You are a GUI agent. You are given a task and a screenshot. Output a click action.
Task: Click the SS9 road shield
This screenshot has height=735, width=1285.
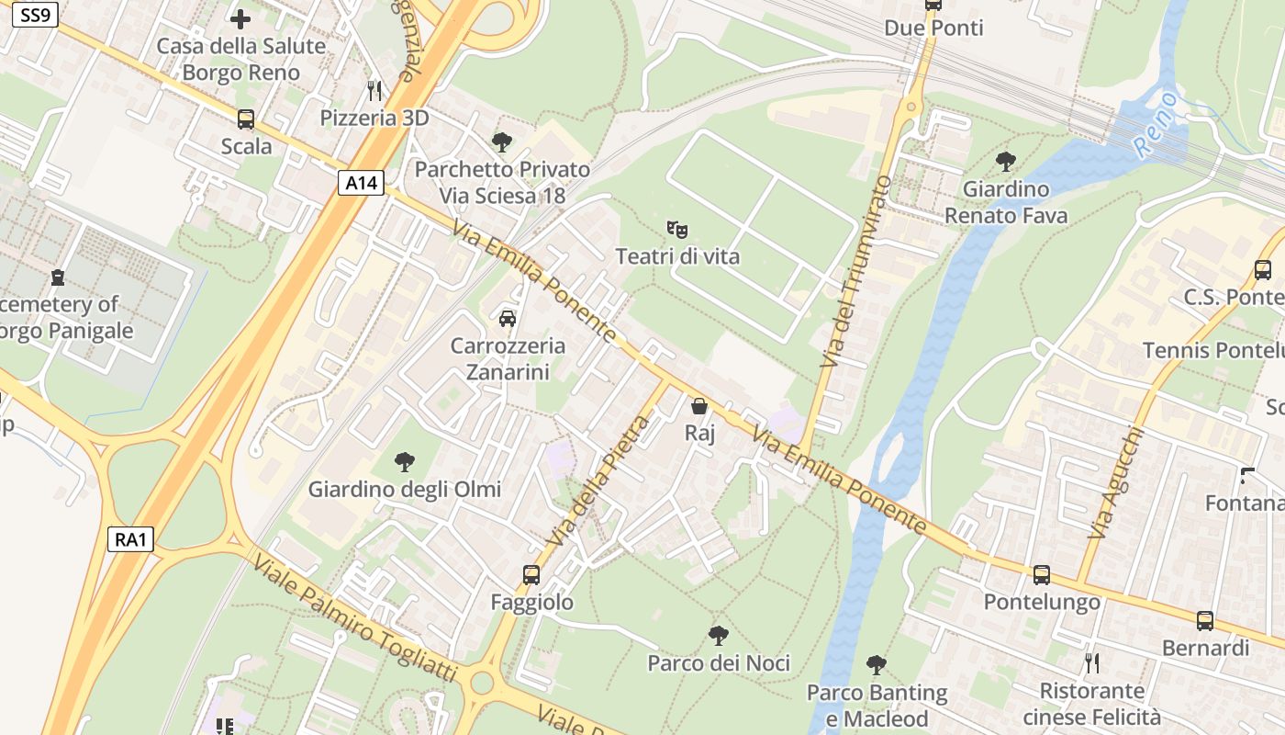point(35,16)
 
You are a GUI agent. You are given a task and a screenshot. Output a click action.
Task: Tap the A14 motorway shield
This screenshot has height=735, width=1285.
point(361,183)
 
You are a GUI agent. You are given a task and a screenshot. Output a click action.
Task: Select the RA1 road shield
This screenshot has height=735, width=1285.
point(130,539)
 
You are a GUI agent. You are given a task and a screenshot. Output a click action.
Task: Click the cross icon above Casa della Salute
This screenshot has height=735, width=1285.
point(240,18)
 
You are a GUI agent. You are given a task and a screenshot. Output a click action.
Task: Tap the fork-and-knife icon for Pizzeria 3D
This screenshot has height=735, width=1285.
point(374,90)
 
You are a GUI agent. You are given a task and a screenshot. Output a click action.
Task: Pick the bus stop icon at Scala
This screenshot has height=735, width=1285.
point(246,119)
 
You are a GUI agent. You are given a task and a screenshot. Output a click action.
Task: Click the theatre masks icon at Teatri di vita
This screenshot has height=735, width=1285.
point(677,229)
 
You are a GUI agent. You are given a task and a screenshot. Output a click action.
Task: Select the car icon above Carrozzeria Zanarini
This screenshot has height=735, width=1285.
point(507,319)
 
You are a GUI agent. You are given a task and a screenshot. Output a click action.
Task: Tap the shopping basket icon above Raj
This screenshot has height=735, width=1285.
point(699,405)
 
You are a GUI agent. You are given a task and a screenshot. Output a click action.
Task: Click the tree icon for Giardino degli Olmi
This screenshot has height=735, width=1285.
point(404,461)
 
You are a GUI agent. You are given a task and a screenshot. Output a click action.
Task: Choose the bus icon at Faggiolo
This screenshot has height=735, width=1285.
point(531,575)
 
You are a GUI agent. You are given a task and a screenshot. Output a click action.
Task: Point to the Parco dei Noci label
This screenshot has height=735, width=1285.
point(719,663)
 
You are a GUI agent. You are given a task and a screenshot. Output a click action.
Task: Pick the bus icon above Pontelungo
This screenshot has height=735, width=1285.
point(1042,575)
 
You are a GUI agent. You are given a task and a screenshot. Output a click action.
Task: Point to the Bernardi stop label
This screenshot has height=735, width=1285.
point(1205,648)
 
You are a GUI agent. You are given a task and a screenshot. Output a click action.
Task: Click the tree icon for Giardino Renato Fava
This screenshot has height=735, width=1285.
point(1006,162)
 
